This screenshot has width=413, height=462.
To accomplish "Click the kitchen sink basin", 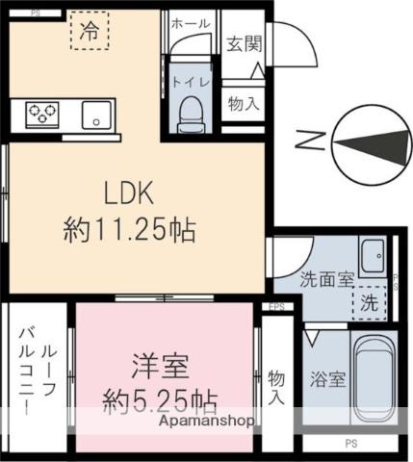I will click(96, 115).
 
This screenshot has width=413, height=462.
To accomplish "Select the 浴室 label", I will click(327, 379).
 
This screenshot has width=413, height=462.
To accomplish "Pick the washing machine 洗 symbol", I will click(370, 302).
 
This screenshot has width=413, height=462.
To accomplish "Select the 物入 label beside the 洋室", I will click(277, 385).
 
